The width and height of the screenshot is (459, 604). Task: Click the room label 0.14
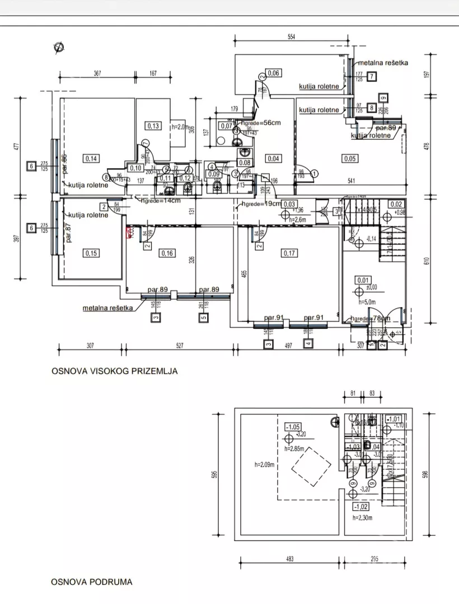[91, 159]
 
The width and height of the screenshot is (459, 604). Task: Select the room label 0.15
[91, 253]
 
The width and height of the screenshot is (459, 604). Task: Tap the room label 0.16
[167, 253]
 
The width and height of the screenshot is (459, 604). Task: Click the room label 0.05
[349, 159]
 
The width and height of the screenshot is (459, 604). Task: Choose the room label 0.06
[273, 73]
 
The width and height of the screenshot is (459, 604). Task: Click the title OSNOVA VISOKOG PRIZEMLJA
[114, 371]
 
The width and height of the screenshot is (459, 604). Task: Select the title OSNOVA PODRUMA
[92, 582]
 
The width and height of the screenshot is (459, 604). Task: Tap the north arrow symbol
[58, 48]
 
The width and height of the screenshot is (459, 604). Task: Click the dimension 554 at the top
[291, 37]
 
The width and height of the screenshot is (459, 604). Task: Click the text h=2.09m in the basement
[259, 464]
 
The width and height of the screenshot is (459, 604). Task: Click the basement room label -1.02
[359, 507]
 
